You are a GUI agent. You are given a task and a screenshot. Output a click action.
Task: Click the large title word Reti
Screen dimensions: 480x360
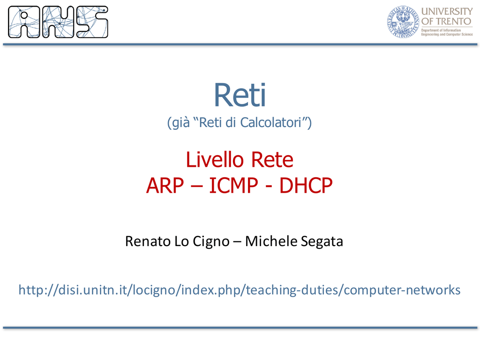[240, 95]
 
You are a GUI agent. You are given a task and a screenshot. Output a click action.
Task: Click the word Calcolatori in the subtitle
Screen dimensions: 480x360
[270, 122]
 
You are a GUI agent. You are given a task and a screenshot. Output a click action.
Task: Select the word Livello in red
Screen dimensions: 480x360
[215, 160]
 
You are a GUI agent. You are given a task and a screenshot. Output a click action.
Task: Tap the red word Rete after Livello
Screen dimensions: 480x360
[272, 160]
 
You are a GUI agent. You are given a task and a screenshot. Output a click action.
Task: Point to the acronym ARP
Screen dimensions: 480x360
[165, 186]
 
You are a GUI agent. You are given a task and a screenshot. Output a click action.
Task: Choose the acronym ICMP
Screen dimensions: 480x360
[233, 186]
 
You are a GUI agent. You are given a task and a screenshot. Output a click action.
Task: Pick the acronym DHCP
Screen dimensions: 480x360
[306, 186]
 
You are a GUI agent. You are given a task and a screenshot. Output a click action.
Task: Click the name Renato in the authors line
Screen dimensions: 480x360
[148, 241]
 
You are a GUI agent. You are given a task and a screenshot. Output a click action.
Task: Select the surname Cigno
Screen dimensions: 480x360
[211, 242]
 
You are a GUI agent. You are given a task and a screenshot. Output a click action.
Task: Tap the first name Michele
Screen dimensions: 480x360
[271, 241]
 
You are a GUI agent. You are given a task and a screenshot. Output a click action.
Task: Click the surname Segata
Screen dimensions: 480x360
[322, 242]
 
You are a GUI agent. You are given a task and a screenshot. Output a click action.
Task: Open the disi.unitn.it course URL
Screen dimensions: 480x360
[240, 290]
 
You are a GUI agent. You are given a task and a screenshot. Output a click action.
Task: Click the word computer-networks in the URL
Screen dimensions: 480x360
[402, 290]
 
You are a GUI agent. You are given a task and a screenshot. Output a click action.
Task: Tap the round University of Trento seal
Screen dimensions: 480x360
[403, 22]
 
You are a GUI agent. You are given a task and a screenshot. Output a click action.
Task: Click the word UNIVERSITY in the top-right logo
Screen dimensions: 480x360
[447, 11]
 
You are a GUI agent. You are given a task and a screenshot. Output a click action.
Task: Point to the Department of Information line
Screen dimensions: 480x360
[441, 30]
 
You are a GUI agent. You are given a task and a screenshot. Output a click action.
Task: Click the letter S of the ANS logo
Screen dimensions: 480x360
[92, 22]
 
